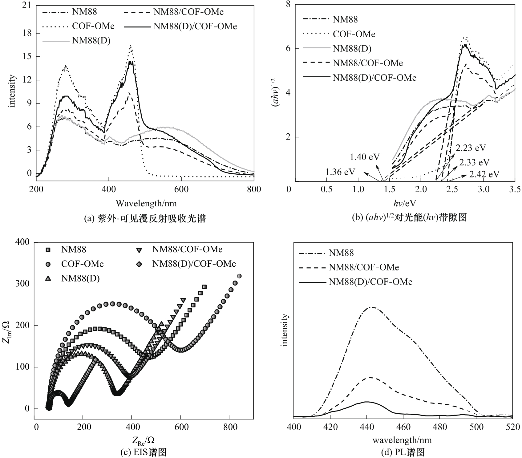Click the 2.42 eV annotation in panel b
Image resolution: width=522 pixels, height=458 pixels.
[x=484, y=174]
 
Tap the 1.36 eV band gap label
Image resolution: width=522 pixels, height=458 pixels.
[x=340, y=172]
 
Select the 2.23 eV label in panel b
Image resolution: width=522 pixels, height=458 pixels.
[x=471, y=148]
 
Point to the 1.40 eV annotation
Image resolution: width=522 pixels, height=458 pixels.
[x=365, y=157]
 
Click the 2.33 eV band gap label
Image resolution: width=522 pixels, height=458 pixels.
[x=474, y=162]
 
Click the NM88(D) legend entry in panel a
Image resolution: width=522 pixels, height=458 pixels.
[x=91, y=41]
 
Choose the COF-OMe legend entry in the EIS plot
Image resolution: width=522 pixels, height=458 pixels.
[x=82, y=264]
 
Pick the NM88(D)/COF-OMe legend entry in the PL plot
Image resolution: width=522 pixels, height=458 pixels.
[x=370, y=282]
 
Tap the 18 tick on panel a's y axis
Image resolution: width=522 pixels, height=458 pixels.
[x=27, y=33]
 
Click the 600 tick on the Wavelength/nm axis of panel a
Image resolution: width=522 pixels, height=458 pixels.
[x=181, y=189]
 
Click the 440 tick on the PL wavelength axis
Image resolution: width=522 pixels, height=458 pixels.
[x=367, y=427]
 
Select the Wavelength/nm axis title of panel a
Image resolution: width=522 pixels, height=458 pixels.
[x=146, y=203]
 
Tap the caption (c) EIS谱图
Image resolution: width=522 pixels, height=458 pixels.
[x=144, y=452]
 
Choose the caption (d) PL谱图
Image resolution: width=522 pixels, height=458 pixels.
[x=403, y=452]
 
